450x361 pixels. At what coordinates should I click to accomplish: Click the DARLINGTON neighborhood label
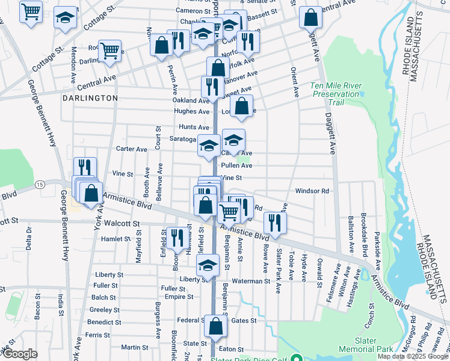(x=90, y=97)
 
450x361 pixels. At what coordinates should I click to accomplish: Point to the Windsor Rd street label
(x=312, y=191)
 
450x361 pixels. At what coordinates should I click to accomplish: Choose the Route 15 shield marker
(x=40, y=184)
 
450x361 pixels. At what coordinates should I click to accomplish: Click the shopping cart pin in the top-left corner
(x=31, y=11)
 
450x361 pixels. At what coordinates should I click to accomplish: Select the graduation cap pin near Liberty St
(x=208, y=264)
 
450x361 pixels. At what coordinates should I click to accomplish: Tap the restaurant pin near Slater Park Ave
(x=275, y=222)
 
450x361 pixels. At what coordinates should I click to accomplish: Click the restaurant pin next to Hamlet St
(x=177, y=237)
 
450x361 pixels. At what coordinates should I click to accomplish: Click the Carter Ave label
(x=132, y=149)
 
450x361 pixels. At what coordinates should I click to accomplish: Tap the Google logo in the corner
(x=20, y=354)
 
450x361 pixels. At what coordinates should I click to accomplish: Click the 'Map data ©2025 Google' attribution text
(x=412, y=356)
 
